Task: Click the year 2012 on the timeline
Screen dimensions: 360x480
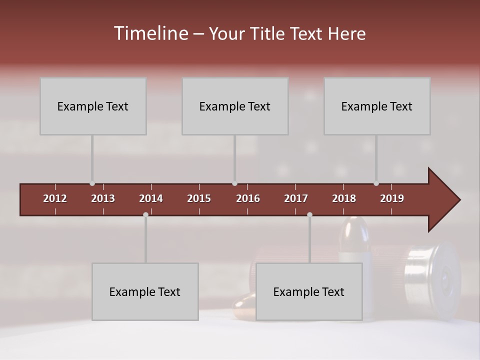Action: [x=55, y=198]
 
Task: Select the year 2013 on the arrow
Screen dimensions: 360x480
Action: [x=103, y=198]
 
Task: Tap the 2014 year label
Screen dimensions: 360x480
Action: [x=151, y=198]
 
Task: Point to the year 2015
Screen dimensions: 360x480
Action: [x=199, y=198]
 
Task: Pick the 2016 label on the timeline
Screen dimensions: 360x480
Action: [x=248, y=198]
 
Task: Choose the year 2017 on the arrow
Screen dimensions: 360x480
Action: [x=296, y=198]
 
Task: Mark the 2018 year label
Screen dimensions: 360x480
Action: [x=344, y=198]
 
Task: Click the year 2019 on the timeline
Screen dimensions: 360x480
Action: [x=392, y=198]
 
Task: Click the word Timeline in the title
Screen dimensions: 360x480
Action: [x=150, y=33]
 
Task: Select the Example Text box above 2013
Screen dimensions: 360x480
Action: [x=93, y=106]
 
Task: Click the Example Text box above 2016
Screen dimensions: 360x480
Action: [x=235, y=106]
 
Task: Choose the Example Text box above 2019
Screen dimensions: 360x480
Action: [x=377, y=106]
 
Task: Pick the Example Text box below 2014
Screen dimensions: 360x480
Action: [x=145, y=291]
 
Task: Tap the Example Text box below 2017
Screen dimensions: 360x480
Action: [x=309, y=291]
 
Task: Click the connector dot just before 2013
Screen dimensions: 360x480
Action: [x=92, y=183]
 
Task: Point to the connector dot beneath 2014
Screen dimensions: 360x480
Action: [x=145, y=214]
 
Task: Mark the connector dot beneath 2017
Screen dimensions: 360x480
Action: [x=309, y=214]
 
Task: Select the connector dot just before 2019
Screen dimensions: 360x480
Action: [x=376, y=183]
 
